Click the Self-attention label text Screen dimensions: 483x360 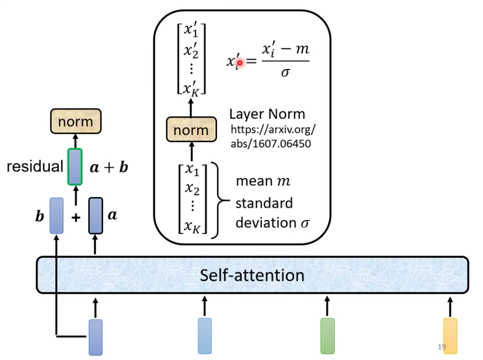[252, 276]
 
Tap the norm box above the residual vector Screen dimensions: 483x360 [76, 121]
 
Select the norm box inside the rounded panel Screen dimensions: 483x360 [191, 130]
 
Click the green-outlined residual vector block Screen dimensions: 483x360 [75, 167]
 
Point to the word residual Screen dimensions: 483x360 [35, 167]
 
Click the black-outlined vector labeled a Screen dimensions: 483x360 [96, 215]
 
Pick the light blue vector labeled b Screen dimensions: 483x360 [57, 215]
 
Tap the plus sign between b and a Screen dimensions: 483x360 [76, 217]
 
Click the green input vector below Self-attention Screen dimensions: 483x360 [327, 336]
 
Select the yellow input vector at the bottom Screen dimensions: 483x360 [450, 336]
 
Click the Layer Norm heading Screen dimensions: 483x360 [267, 114]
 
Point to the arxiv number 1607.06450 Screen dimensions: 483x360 [282, 144]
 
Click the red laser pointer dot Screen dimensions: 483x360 [240, 63]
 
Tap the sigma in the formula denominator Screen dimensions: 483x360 [286, 72]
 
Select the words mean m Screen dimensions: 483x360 [263, 181]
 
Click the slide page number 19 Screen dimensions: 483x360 [442, 347]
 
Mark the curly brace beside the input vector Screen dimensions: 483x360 [220, 200]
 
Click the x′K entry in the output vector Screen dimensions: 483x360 [191, 89]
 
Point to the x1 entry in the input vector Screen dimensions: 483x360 [192, 170]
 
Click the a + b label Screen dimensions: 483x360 [109, 167]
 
